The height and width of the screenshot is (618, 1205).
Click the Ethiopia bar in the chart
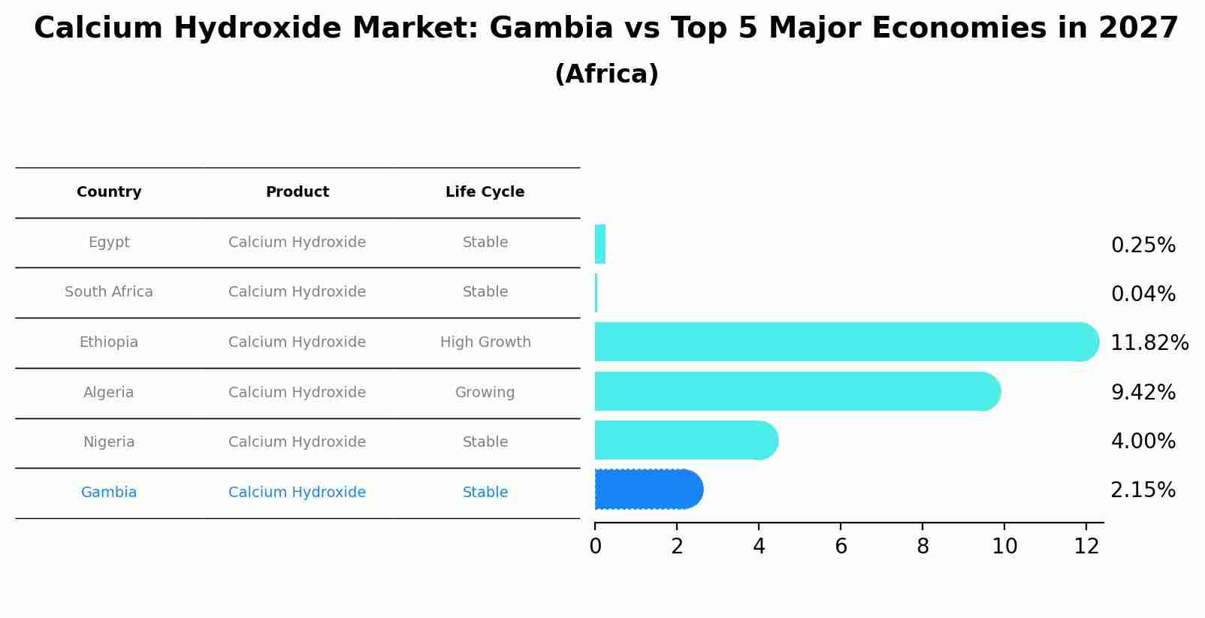point(841,342)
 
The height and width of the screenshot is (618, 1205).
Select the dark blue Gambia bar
point(646,490)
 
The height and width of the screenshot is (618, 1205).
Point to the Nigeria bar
point(684,440)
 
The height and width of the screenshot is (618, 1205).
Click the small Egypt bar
point(599,244)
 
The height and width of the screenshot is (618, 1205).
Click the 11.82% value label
point(1149,343)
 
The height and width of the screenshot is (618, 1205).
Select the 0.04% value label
point(1143,294)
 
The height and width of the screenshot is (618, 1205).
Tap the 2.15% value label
point(1143,490)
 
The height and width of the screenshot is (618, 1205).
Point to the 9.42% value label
point(1143,393)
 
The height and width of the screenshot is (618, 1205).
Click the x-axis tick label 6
point(841,547)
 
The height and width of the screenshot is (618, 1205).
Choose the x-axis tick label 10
point(1004,547)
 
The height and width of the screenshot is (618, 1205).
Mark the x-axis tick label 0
point(595,547)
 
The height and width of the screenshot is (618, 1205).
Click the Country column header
point(109,192)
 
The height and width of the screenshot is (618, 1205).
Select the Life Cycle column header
point(485,192)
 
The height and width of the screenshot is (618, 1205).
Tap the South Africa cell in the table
point(109,292)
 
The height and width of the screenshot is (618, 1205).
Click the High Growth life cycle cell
point(485,342)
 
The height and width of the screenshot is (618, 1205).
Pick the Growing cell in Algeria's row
point(485,393)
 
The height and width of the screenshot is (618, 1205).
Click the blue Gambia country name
point(109,493)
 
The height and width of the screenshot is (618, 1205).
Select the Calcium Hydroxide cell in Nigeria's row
point(297,442)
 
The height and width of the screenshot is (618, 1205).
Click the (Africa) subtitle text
point(606,74)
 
